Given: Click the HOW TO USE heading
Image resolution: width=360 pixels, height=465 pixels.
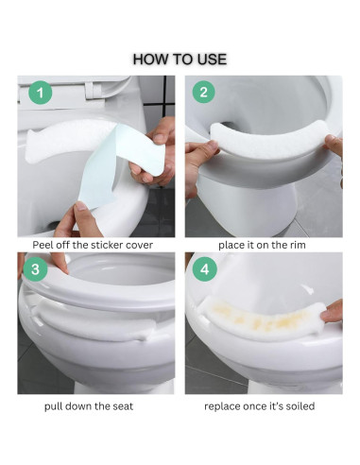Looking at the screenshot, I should pyautogui.click(x=180, y=59).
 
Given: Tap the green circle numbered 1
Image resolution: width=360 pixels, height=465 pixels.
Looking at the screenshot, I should pyautogui.click(x=37, y=94).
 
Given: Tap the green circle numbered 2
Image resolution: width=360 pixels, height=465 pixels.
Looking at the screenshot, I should pyautogui.click(x=205, y=94).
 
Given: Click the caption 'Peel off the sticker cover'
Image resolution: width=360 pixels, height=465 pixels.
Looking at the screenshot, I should pyautogui.click(x=93, y=245).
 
